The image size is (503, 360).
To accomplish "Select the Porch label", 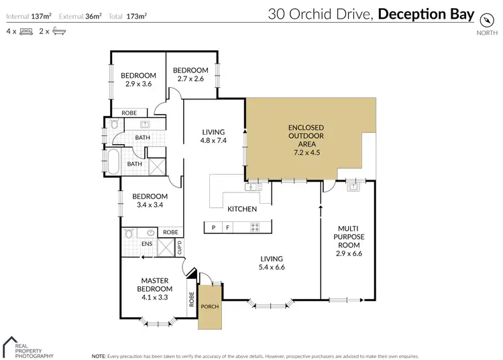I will (210, 306).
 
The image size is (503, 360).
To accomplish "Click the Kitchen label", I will (242, 209).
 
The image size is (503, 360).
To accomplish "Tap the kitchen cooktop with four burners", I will (254, 228).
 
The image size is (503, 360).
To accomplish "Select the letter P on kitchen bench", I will (213, 228).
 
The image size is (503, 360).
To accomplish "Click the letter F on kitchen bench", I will (227, 228).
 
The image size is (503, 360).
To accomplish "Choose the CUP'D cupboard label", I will (179, 247).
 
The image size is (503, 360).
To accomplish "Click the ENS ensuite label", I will (146, 244).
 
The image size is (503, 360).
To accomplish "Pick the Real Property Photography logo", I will (27, 347).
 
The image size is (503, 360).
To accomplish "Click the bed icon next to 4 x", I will (26, 31).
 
